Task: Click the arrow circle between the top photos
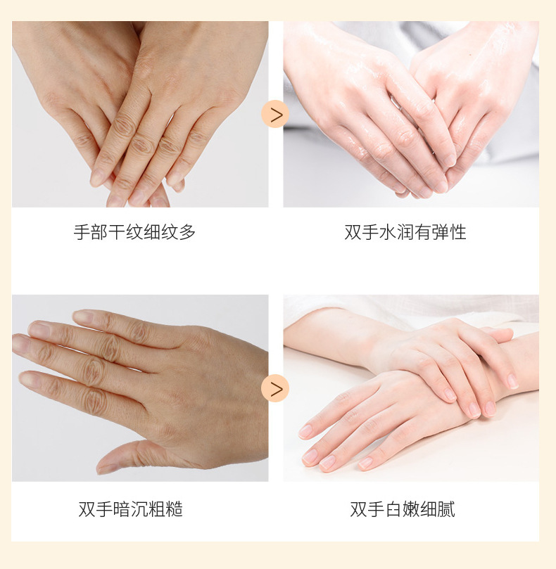click(x=275, y=114)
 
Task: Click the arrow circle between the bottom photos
click(x=275, y=388)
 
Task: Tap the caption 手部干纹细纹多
click(x=134, y=232)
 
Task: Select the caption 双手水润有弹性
click(x=405, y=232)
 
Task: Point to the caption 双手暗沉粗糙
click(x=131, y=509)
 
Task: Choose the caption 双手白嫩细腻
click(x=403, y=509)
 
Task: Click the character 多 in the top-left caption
click(x=187, y=232)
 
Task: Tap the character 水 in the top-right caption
click(x=388, y=232)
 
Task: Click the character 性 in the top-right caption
click(x=458, y=232)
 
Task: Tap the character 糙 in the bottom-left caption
click(x=175, y=509)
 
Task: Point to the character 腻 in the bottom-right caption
click(x=446, y=509)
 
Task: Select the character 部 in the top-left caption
click(x=99, y=232)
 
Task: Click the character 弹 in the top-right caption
click(x=441, y=232)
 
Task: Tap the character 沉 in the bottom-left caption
click(x=139, y=509)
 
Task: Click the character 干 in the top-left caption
click(x=117, y=232)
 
